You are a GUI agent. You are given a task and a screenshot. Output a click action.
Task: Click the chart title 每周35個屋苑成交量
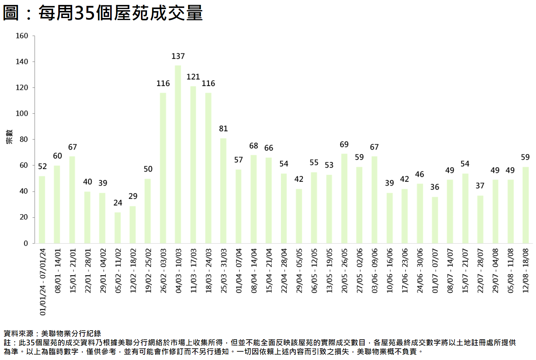pos(103,13)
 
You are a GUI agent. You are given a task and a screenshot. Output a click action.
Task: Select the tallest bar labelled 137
pos(178,154)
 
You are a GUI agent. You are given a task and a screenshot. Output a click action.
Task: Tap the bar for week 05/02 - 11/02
pos(118,228)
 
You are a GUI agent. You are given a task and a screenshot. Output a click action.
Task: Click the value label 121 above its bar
pos(193,77)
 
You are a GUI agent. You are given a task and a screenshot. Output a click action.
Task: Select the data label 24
pos(118,203)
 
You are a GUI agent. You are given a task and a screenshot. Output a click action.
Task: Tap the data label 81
pos(223,129)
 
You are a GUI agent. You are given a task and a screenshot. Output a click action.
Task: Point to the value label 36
pos(435,187)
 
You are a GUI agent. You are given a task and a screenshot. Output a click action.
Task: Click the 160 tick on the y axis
pos(22,36)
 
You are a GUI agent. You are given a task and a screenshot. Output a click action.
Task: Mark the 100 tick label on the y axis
pos(22,113)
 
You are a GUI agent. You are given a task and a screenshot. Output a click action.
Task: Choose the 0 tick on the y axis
pos(26,243)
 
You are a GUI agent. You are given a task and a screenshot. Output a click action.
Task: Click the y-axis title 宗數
pos(9,137)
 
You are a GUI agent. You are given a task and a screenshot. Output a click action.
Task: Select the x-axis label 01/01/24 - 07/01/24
pos(42,281)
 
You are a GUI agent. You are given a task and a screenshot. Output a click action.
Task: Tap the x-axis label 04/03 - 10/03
pos(179,270)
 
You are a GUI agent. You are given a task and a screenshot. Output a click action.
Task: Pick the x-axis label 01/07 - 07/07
pos(435,270)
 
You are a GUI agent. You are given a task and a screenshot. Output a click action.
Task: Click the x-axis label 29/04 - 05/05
pos(299,270)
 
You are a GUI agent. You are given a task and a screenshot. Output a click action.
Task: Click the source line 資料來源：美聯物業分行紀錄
pos(52,333)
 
